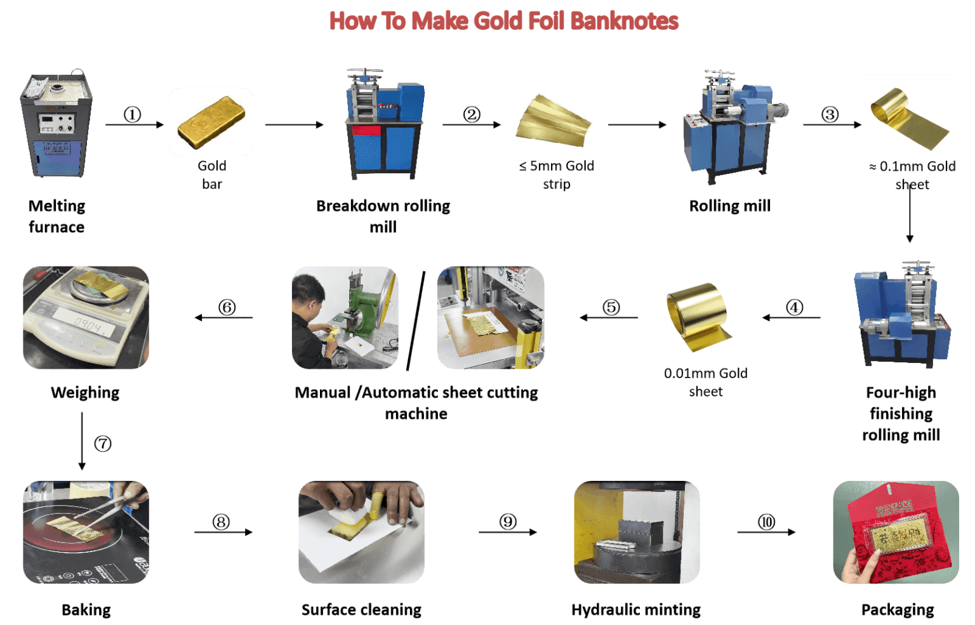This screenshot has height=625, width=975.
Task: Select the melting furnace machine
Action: [56, 125]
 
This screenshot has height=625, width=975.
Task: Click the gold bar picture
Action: [211, 122]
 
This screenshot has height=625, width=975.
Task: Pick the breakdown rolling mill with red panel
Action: [384, 124]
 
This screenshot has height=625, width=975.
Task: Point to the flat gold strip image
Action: [553, 121]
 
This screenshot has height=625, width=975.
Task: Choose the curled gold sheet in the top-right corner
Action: [906, 115]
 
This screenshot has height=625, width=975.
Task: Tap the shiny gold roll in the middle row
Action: [700, 317]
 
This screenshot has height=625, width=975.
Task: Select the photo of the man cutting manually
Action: [345, 317]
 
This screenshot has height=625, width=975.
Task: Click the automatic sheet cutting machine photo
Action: [491, 317]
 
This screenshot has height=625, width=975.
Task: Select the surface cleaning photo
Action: [361, 532]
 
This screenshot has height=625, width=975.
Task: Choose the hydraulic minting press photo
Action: [637, 532]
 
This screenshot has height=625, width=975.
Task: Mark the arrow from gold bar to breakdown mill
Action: [294, 126]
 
